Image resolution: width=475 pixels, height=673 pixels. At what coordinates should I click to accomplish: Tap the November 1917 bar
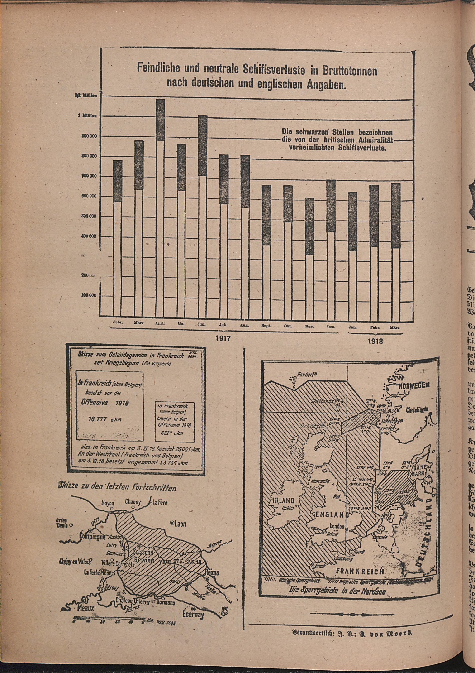[x=309, y=256]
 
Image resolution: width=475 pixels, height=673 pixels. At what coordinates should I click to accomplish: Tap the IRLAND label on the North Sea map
[x=282, y=492]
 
